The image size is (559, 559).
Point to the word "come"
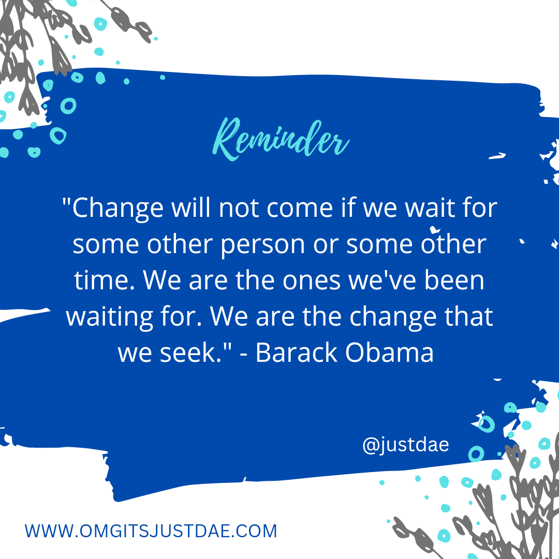click(x=300, y=209)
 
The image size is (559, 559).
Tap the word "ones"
click(x=312, y=281)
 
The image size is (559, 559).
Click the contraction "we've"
click(x=382, y=280)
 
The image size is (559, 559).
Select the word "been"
click(x=454, y=279)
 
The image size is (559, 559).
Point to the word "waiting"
click(x=109, y=317)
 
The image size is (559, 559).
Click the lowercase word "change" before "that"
click(x=393, y=317)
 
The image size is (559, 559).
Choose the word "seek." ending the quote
click(x=191, y=352)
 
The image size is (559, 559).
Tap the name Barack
click(x=297, y=352)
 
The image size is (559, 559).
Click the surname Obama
click(x=389, y=352)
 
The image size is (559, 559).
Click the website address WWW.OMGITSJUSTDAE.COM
click(x=151, y=531)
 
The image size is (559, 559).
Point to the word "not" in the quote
click(x=239, y=209)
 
